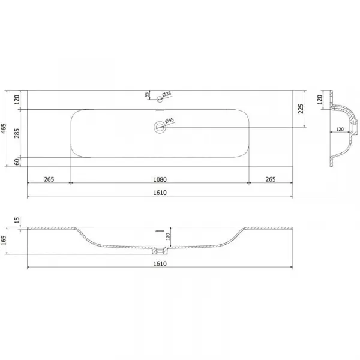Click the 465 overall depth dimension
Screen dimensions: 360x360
[4, 128]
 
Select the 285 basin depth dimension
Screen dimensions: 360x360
[17, 133]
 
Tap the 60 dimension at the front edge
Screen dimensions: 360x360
[17, 162]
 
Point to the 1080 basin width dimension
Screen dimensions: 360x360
[160, 179]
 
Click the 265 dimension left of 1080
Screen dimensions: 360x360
[49, 179]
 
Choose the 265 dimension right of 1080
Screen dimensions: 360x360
[271, 179]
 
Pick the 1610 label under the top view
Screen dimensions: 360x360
[160, 193]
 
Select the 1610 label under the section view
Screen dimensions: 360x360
[160, 263]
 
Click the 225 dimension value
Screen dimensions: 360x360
[301, 109]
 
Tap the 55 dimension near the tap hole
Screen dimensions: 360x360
[147, 95]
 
